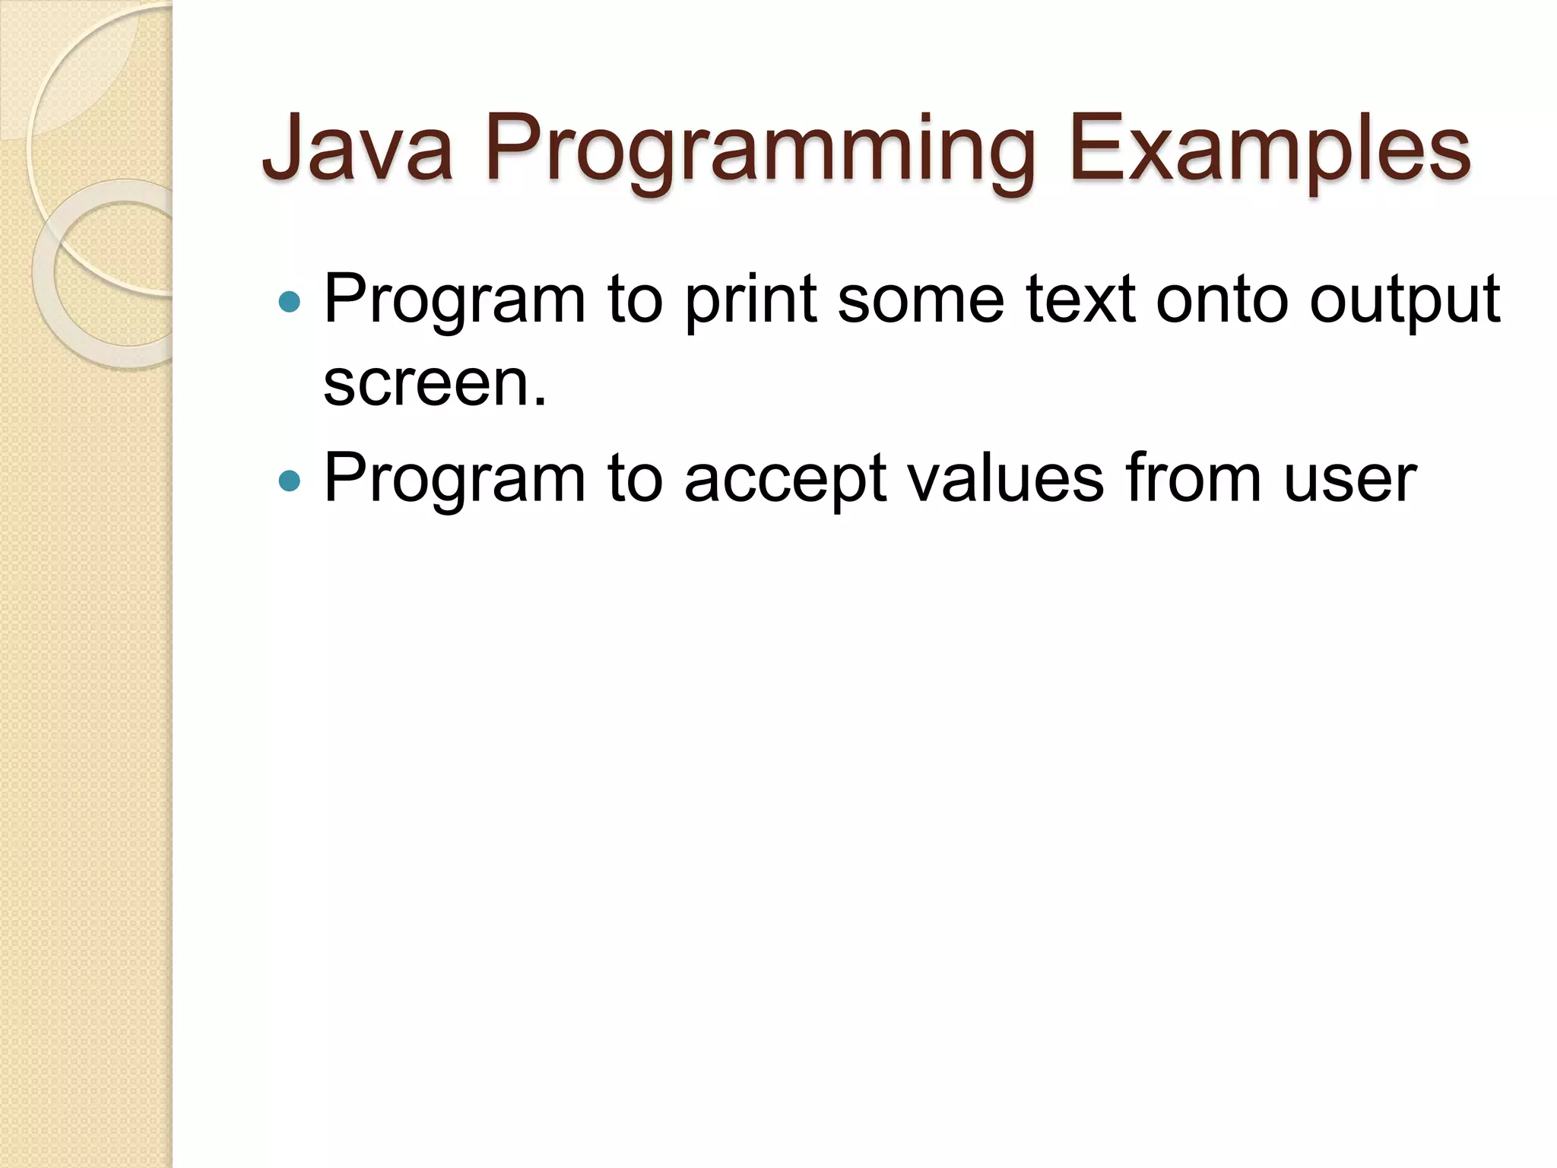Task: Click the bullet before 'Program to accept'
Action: [x=290, y=481]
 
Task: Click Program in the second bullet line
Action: [x=455, y=481]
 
